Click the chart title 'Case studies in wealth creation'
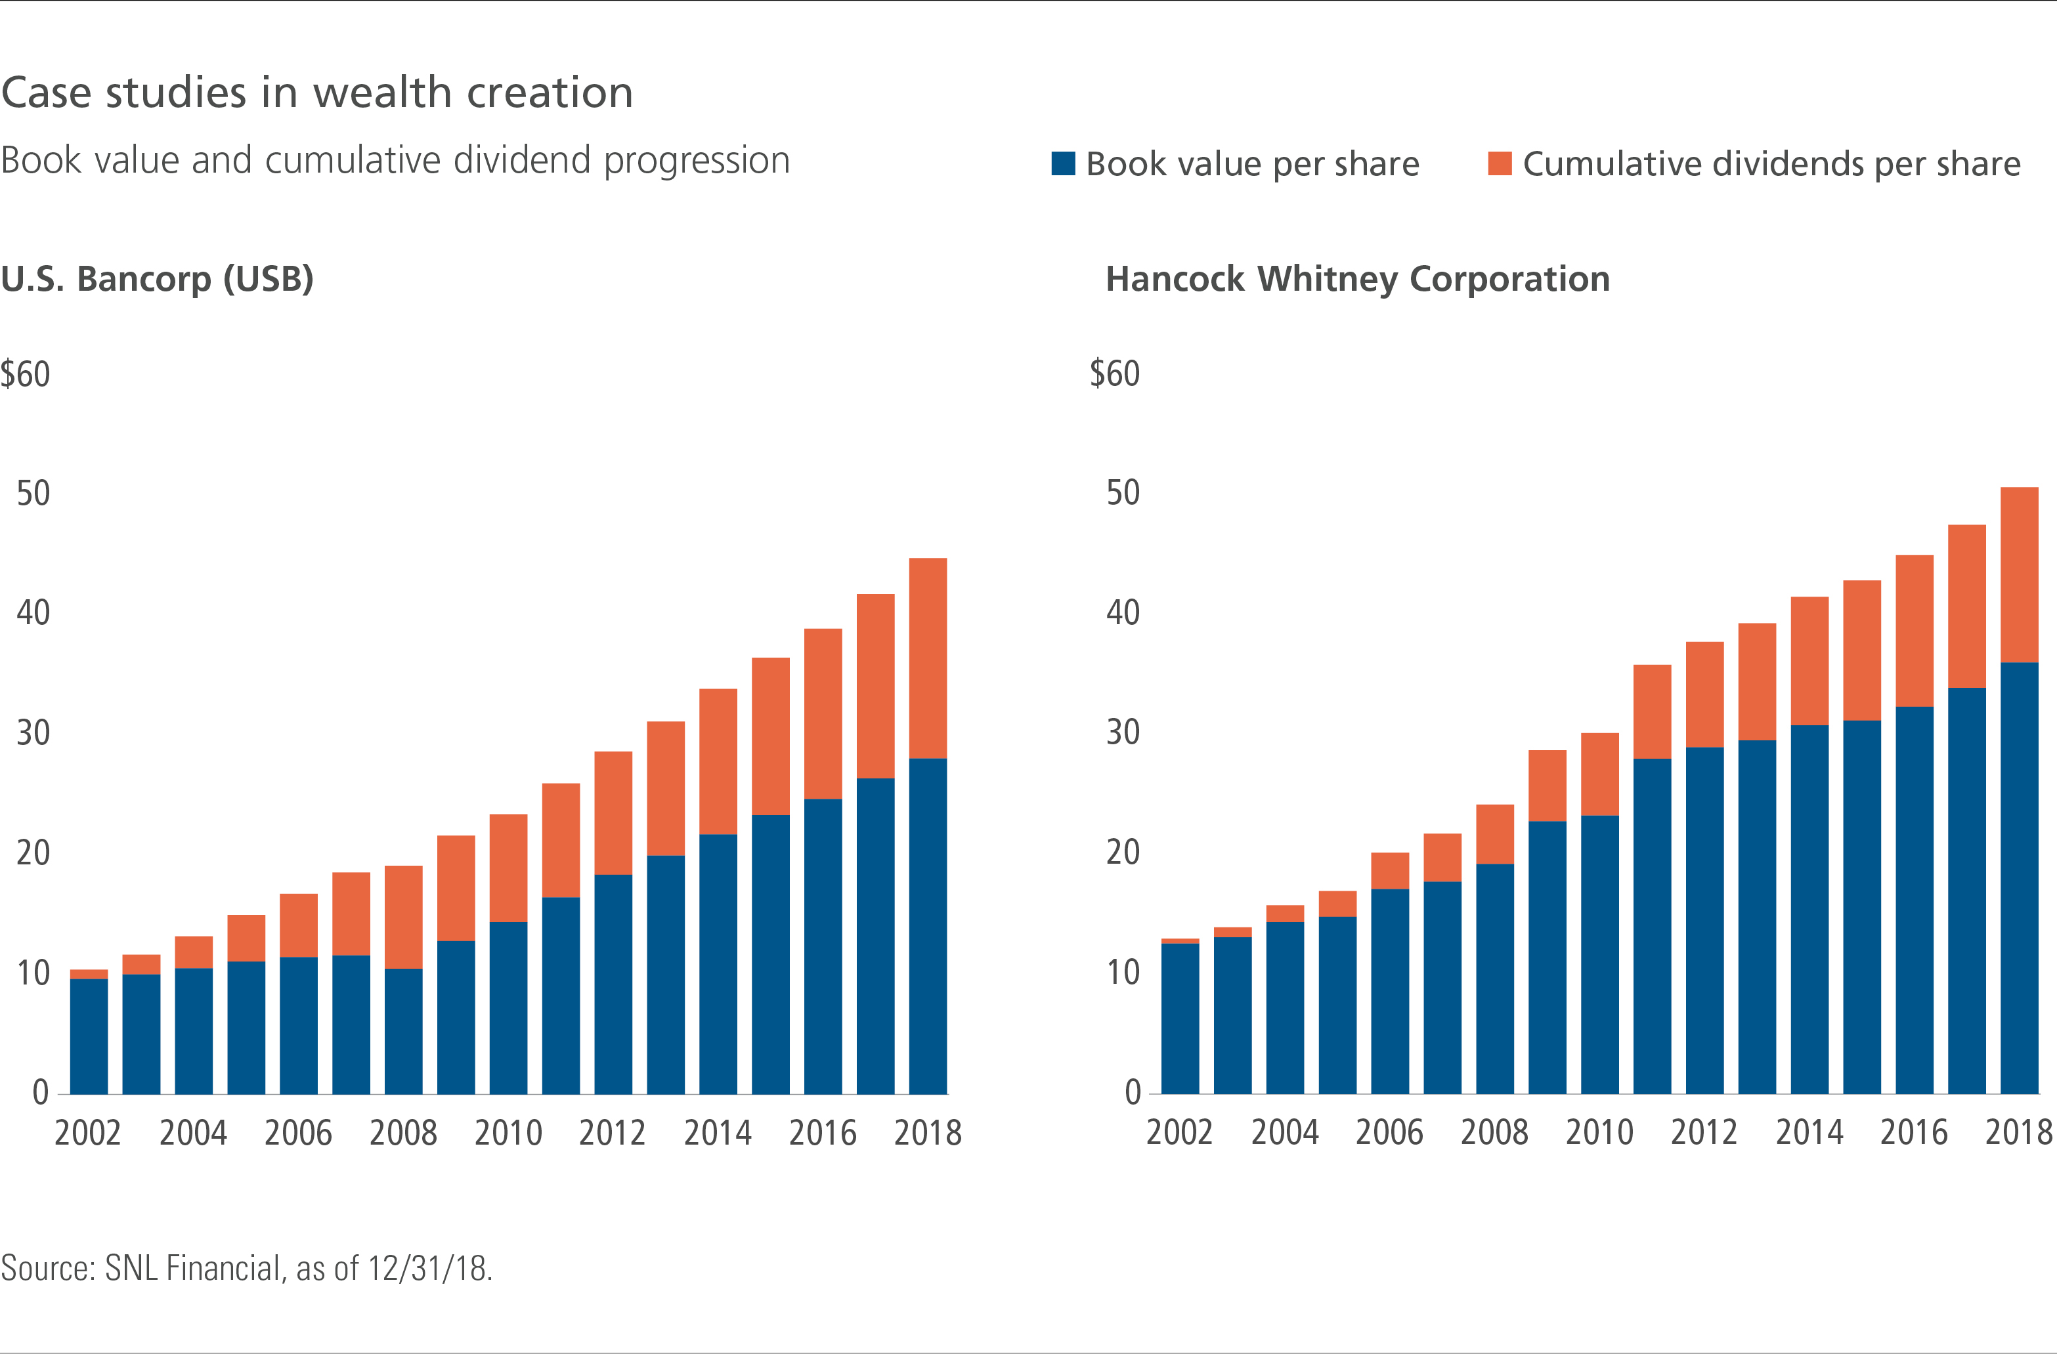pyautogui.click(x=316, y=93)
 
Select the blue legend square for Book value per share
pyautogui.click(x=1062, y=163)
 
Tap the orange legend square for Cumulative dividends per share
pyautogui.click(x=1500, y=163)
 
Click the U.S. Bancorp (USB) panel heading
pyautogui.click(x=158, y=279)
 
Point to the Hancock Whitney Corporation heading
pyautogui.click(x=1358, y=279)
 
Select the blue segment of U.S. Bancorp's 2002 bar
pyautogui.click(x=89, y=1036)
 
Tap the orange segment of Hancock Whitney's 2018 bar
pyautogui.click(x=2019, y=574)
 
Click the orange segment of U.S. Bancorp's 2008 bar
pyautogui.click(x=404, y=917)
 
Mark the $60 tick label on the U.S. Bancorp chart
pyautogui.click(x=25, y=374)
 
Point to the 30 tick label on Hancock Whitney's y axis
pyautogui.click(x=1123, y=732)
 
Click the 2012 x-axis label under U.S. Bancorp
pyautogui.click(x=613, y=1133)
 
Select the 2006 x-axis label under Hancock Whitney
pyautogui.click(x=1389, y=1132)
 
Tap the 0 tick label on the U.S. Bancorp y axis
pyautogui.click(x=41, y=1092)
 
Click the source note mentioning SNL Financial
pyautogui.click(x=246, y=1267)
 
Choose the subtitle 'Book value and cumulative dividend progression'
pyautogui.click(x=395, y=161)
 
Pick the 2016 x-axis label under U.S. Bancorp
pyautogui.click(x=823, y=1133)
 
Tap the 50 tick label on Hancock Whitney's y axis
pyautogui.click(x=1123, y=492)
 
